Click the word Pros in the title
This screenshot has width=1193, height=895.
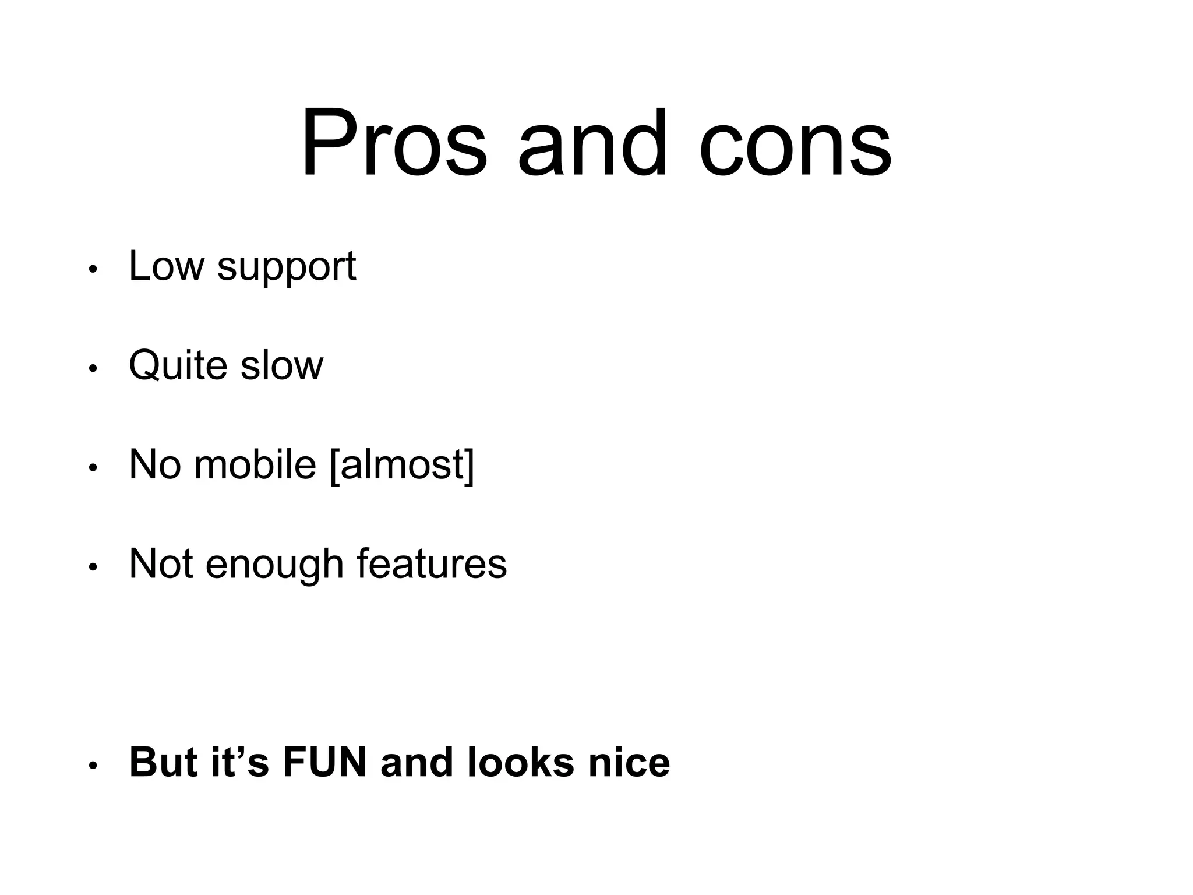coord(394,143)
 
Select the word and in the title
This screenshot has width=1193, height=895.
coord(592,143)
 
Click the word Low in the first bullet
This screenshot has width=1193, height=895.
coord(167,266)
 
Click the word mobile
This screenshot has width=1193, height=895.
coord(255,465)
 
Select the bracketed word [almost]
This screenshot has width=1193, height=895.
coord(402,465)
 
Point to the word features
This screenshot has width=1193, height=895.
coord(432,564)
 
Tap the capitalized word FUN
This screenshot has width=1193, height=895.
coord(324,762)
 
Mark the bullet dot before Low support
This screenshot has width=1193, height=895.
coord(92,270)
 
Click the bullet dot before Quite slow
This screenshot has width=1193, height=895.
coord(92,369)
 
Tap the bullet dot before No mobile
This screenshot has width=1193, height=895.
coord(92,468)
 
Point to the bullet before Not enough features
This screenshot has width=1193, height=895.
coord(92,567)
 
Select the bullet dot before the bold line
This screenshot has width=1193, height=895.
coord(92,766)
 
